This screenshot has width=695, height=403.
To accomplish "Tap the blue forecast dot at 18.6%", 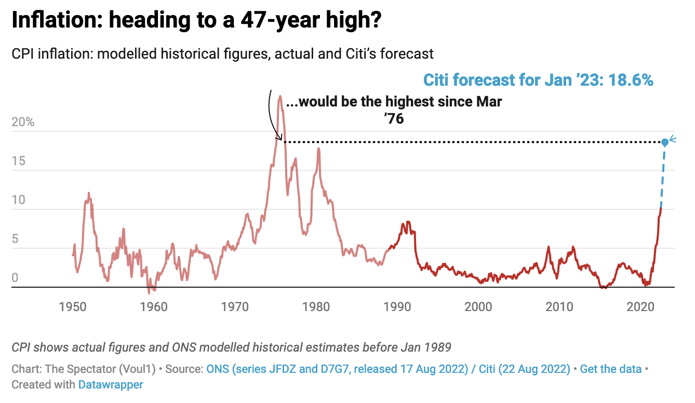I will coord(664,142).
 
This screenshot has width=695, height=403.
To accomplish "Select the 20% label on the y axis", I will coord(23,123).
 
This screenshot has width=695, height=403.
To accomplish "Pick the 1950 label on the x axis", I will coord(72,306).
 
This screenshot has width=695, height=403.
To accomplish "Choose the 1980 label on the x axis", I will coord(316,306).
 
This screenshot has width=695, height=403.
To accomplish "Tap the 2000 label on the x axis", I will coord(478,306).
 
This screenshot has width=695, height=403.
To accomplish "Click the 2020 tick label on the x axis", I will coord(640,306).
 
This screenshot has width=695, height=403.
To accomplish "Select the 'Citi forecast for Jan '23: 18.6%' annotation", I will coord(538,80).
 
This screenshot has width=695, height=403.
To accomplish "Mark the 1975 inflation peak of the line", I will coord(280,96).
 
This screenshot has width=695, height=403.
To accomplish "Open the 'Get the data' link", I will coord(610,369).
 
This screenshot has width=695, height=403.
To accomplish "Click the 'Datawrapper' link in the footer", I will coord(110,385).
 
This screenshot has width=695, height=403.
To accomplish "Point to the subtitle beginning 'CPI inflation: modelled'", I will coord(222,53).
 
